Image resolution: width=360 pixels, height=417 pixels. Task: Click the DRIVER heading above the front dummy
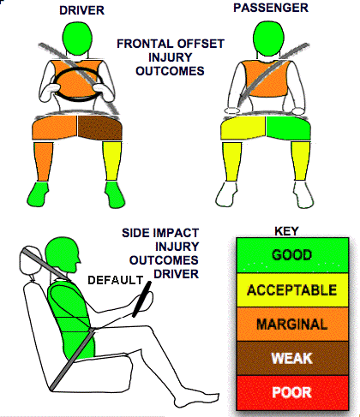(81, 10)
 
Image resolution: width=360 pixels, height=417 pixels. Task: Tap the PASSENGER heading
(271, 8)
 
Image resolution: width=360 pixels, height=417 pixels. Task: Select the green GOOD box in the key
(292, 255)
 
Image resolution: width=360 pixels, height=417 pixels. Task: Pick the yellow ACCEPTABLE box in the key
(292, 290)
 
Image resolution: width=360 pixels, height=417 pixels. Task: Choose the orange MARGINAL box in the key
(292, 325)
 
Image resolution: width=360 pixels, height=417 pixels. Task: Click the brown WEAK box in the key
(292, 358)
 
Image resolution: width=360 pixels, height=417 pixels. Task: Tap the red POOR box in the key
(292, 392)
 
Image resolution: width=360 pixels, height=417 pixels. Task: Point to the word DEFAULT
(115, 280)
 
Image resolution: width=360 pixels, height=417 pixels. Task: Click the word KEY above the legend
(286, 231)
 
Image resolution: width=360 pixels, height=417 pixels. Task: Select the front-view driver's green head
(77, 38)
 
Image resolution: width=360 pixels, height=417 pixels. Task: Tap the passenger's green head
(268, 39)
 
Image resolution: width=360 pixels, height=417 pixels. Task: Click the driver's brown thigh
(100, 128)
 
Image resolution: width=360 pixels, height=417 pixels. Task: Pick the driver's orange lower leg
(44, 162)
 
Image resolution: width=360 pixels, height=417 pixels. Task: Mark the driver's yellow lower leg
(111, 161)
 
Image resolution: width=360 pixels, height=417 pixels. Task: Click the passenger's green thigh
(288, 128)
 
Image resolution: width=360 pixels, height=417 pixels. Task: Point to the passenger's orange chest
(265, 79)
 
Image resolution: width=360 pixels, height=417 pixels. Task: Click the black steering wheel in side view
(141, 299)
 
